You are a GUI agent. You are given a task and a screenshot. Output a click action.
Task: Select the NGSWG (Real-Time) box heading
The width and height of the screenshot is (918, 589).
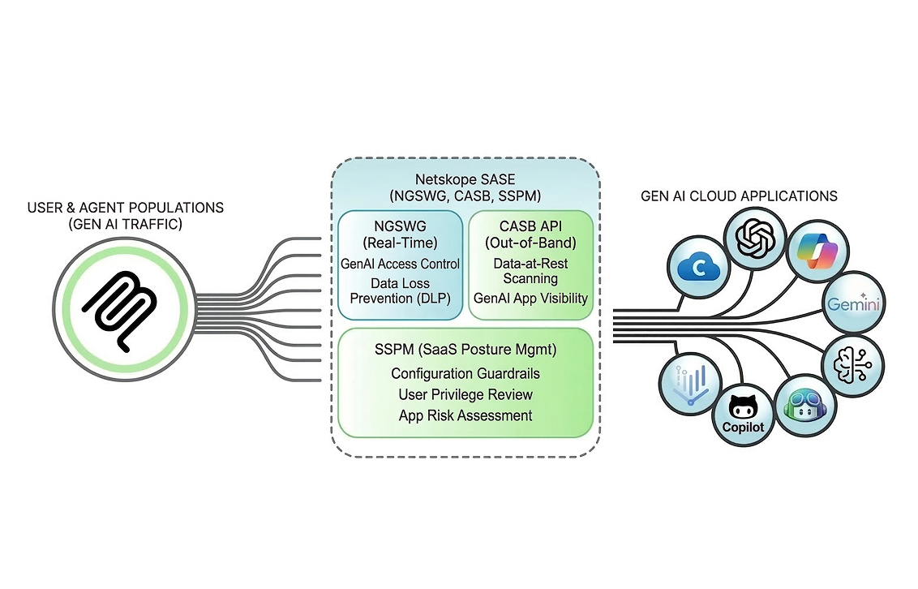tap(401, 234)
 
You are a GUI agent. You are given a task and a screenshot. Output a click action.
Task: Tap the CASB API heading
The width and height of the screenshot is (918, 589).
tap(531, 234)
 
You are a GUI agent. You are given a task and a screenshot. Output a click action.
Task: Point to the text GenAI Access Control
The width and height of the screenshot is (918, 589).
tap(401, 264)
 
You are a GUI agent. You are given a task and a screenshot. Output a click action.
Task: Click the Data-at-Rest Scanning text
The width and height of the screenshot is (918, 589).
tap(531, 271)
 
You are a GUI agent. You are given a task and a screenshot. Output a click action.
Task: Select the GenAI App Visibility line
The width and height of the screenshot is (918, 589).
tap(531, 298)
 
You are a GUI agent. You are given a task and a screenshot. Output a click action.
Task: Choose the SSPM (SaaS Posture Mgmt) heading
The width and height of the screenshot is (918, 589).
tap(465, 350)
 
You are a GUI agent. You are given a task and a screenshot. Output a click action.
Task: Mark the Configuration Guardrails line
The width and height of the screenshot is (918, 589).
tap(465, 373)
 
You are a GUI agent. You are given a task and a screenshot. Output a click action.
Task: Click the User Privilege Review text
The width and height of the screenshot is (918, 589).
tap(465, 394)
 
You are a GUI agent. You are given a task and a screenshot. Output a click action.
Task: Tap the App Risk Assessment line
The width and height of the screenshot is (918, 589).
tap(465, 415)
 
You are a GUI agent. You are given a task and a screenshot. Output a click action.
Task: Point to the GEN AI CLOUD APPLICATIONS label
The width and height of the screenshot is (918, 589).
tap(739, 196)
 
